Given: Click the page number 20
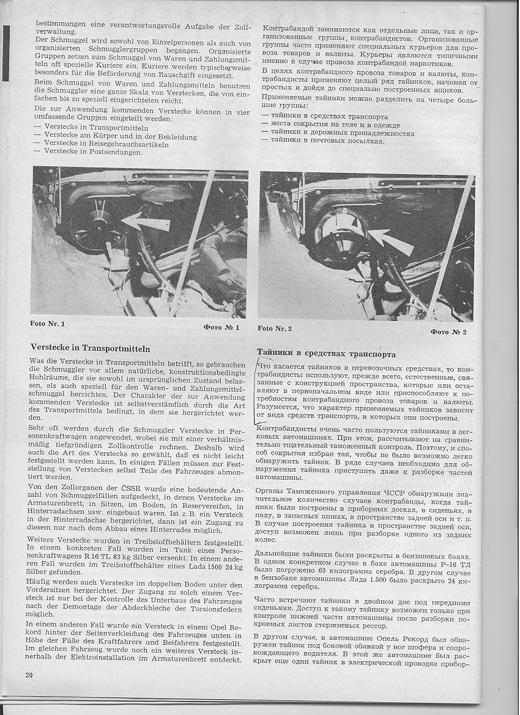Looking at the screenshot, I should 29,675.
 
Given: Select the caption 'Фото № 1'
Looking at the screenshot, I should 221,328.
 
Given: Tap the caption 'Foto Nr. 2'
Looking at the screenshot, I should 275,328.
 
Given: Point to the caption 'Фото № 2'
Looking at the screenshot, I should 448,332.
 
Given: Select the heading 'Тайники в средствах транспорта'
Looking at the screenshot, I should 326,354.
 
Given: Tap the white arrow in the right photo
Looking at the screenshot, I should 392,241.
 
